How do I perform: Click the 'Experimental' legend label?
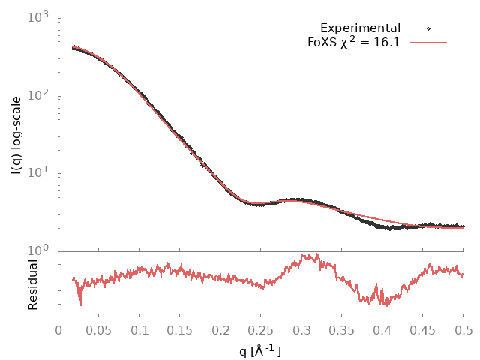360,28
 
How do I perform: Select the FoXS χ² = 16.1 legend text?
354,42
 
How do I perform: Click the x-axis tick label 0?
58,329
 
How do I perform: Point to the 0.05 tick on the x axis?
99,329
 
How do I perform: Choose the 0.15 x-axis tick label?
180,329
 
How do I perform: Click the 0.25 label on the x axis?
261,329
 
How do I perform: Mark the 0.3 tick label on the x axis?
301,329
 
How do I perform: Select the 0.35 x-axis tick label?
342,329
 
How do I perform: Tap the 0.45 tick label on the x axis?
423,329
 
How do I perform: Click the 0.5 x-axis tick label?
463,329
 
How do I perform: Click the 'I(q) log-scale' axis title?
16,135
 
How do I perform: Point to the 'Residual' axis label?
32,284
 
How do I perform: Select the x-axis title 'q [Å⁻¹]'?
260,349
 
